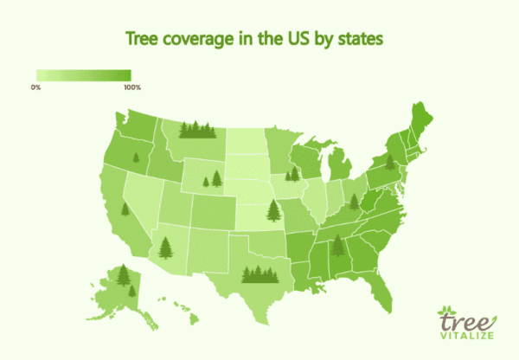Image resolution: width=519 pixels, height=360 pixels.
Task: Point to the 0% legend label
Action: [36, 87]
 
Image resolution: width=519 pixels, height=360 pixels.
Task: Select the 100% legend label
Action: [131, 87]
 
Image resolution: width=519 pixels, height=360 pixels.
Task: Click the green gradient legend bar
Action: [83, 75]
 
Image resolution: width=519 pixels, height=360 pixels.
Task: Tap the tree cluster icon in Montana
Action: [197, 131]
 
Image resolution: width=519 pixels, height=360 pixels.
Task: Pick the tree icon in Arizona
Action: [164, 248]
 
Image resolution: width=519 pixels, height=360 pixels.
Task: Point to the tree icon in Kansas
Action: [274, 210]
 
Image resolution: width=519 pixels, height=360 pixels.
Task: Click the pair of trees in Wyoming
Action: [212, 179]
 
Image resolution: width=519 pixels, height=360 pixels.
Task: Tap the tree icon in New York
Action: [391, 160]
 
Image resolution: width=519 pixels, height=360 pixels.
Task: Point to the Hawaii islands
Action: [181, 307]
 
